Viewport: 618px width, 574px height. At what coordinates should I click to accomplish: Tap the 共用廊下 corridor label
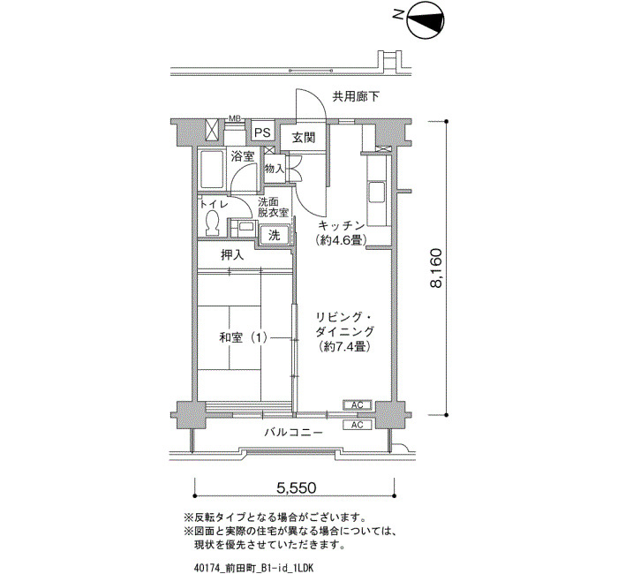(356, 97)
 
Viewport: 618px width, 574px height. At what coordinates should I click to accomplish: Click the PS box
(262, 132)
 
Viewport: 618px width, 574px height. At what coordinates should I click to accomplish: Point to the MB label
(235, 118)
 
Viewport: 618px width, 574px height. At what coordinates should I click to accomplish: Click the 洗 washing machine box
(275, 235)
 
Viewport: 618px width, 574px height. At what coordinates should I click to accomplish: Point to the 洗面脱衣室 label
(274, 208)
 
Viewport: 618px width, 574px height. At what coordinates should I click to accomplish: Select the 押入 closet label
(233, 255)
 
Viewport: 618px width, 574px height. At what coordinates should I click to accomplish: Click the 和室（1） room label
(243, 337)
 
